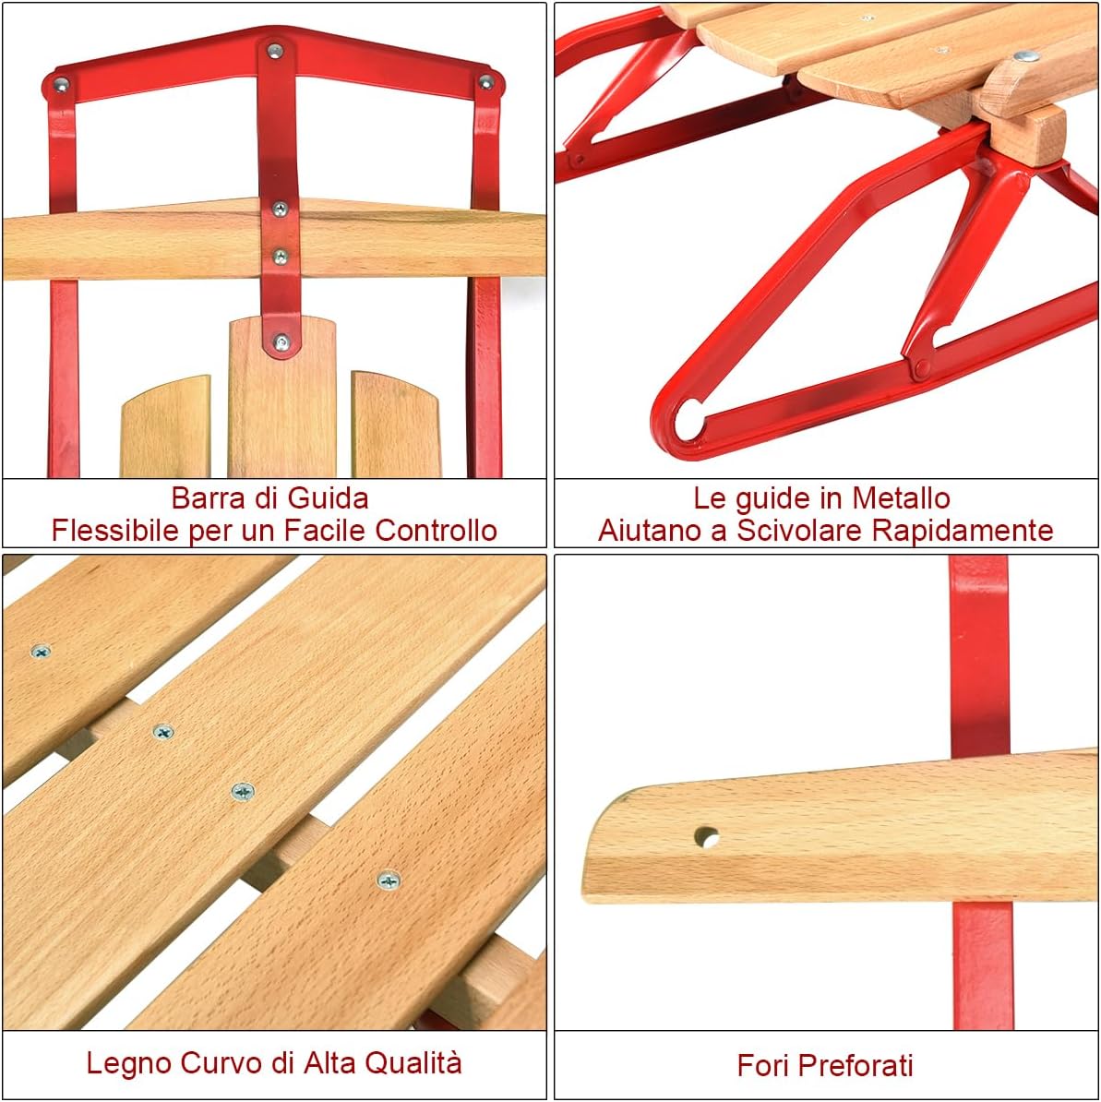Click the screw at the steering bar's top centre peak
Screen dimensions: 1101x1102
point(275,51)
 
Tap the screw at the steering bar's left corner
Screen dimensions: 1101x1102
point(61,85)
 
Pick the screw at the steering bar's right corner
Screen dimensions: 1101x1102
point(485,82)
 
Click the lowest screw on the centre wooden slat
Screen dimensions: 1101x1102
point(281,342)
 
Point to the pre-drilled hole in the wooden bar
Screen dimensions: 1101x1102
point(706,838)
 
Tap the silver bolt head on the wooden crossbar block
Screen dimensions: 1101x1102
point(1025,56)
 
